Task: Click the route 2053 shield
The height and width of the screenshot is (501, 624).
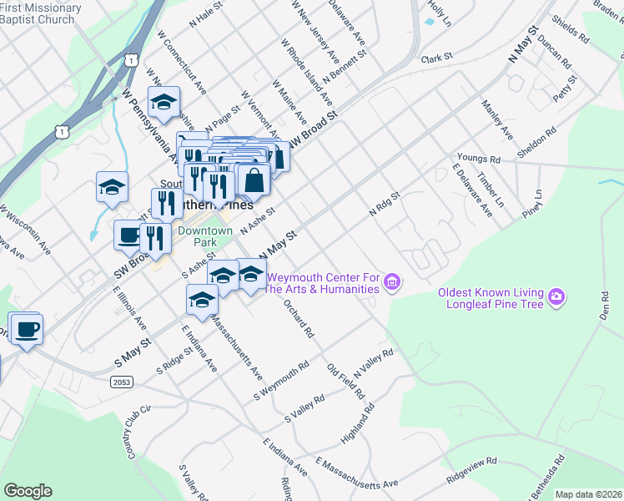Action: [120, 382]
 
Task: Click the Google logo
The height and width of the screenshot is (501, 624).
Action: [28, 491]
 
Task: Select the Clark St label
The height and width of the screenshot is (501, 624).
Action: [435, 58]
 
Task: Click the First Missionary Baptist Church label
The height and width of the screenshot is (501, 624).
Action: [40, 13]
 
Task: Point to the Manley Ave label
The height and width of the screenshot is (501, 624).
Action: [497, 119]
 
